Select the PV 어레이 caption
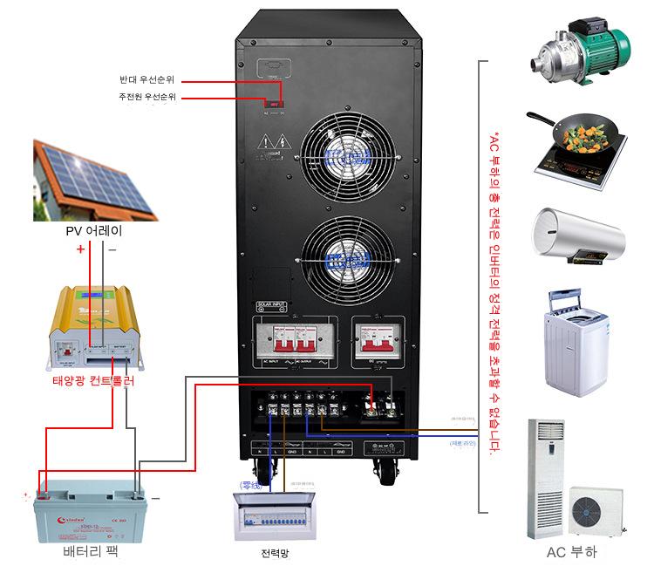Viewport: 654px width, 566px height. point(93,231)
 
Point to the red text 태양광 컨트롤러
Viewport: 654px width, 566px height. point(93,381)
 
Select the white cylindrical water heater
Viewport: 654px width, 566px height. point(576,235)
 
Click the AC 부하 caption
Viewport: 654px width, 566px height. point(571,553)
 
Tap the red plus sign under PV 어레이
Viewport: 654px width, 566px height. point(80,249)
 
